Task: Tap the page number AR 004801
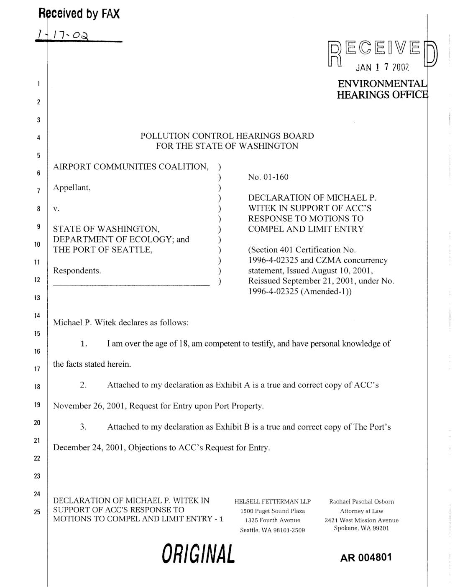coord(366,557)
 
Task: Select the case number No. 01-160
coord(268,177)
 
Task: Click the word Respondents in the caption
coord(77,271)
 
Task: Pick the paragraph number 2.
coord(83,385)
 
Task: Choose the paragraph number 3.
coord(83,427)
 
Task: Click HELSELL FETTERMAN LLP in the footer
coord(272,501)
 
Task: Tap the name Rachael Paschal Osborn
coord(361,501)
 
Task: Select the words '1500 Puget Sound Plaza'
coord(272,511)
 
